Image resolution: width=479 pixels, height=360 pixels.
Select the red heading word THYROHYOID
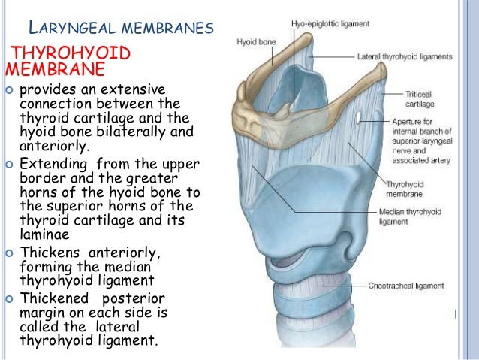click(67, 54)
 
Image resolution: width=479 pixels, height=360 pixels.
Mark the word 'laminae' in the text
click(46, 234)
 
